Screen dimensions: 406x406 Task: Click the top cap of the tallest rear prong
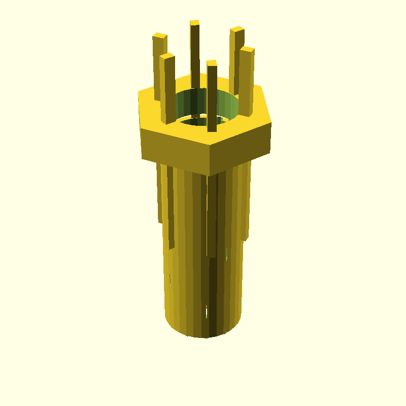click(x=194, y=22)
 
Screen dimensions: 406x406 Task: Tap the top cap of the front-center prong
click(x=212, y=62)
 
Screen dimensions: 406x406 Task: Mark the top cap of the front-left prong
click(x=167, y=56)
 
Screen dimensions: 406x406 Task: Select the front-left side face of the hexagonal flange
click(x=175, y=150)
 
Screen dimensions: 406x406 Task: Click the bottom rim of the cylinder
click(x=203, y=335)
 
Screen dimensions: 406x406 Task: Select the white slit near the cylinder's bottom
click(x=207, y=312)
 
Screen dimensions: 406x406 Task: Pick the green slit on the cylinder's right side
click(x=226, y=254)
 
